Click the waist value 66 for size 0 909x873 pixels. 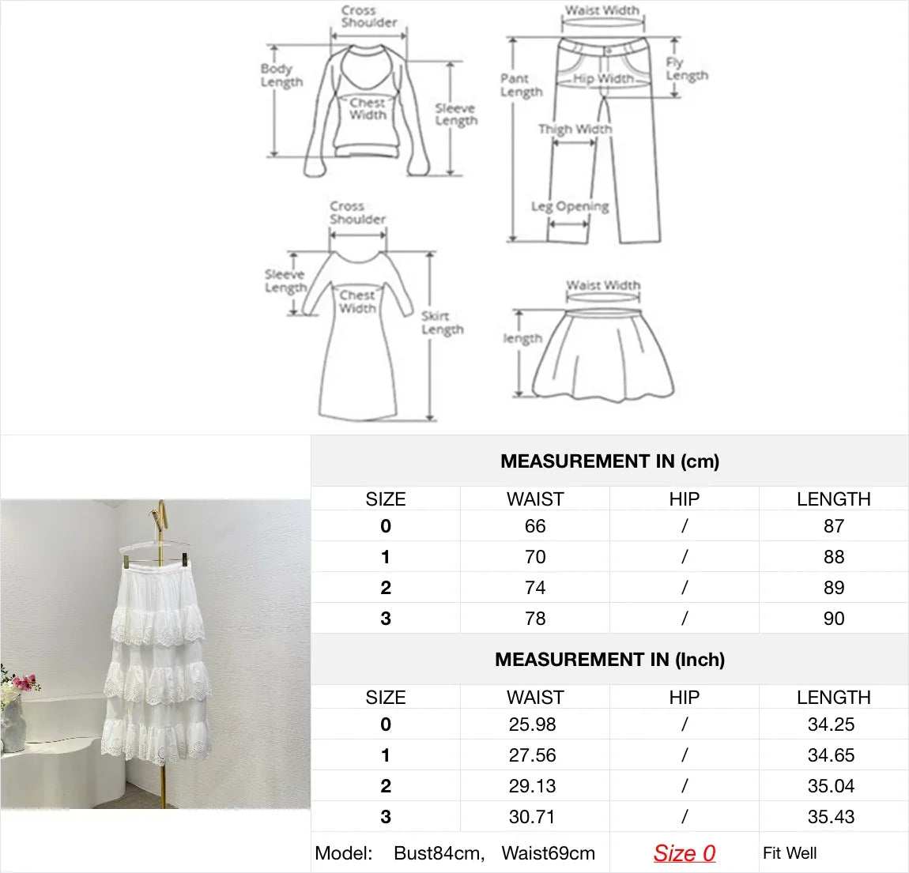coord(535,526)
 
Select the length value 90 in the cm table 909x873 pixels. coord(833,619)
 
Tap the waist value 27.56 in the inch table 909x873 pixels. coord(532,755)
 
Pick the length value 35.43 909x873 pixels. coord(831,817)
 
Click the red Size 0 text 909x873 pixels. coord(684,853)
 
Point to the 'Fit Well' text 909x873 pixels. coord(790,853)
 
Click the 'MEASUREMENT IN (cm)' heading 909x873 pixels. coord(609,461)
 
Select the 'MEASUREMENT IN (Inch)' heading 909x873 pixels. coord(609,660)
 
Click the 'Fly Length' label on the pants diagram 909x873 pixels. coord(685,69)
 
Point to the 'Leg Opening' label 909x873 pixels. coord(570,206)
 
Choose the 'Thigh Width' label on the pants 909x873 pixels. coord(575,129)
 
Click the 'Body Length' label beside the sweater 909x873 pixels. coord(281,75)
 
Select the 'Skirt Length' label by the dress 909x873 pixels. coord(442,322)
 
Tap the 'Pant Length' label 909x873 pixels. coord(521,85)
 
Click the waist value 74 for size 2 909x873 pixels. coord(535,588)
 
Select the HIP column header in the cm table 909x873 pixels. coord(684,499)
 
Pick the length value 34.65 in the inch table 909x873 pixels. coord(831,755)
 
